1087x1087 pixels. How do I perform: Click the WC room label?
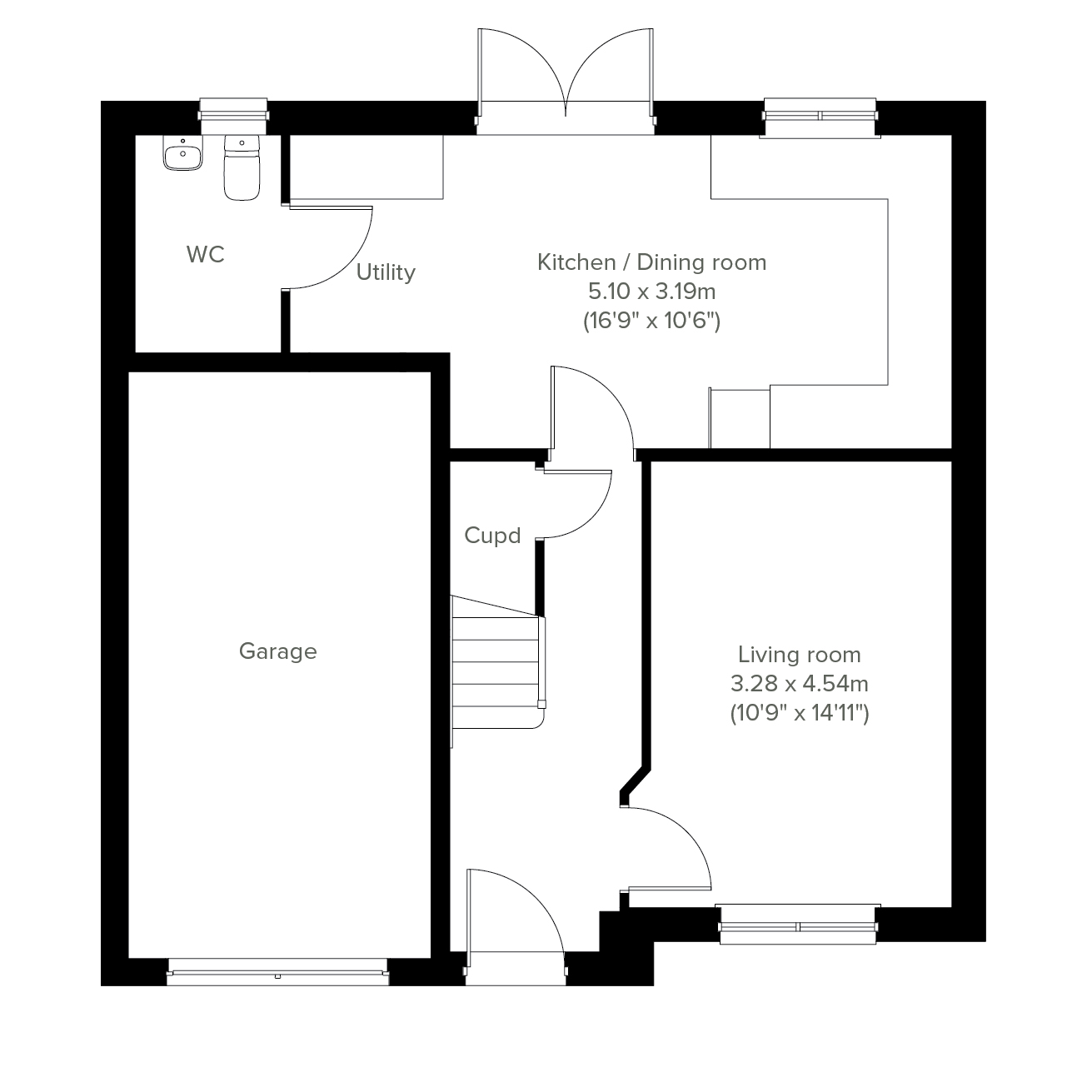(206, 254)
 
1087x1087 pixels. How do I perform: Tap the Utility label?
(386, 272)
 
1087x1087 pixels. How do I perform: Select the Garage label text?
(278, 652)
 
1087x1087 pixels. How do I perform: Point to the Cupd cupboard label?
(492, 536)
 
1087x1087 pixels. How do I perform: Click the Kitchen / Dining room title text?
(651, 262)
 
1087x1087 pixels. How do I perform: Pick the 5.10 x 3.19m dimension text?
(651, 292)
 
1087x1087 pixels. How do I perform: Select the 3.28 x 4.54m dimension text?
(800, 684)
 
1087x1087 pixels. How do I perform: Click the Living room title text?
(800, 655)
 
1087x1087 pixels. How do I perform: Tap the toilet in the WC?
(242, 167)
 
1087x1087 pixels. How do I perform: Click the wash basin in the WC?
(182, 153)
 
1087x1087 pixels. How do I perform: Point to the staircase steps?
(497, 662)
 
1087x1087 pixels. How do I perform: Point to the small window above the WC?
(233, 116)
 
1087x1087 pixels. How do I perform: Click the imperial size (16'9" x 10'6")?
(651, 321)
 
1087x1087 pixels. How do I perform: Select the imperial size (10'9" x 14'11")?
(800, 713)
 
